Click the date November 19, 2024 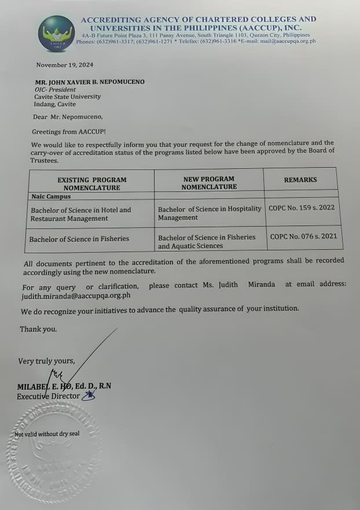[64, 65]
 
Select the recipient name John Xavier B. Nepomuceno [89, 82]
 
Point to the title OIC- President [55, 90]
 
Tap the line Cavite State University [67, 97]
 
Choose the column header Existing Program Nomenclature [91, 184]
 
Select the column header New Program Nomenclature [209, 183]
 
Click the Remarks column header [300, 180]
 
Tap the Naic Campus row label [51, 197]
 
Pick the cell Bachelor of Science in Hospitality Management [210, 213]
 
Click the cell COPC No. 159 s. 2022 [302, 208]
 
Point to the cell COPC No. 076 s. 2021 [302, 236]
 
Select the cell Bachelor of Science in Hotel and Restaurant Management [81, 215]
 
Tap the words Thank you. [38, 329]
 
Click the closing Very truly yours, [46, 361]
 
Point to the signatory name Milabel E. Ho [44, 386]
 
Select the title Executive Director [49, 397]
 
